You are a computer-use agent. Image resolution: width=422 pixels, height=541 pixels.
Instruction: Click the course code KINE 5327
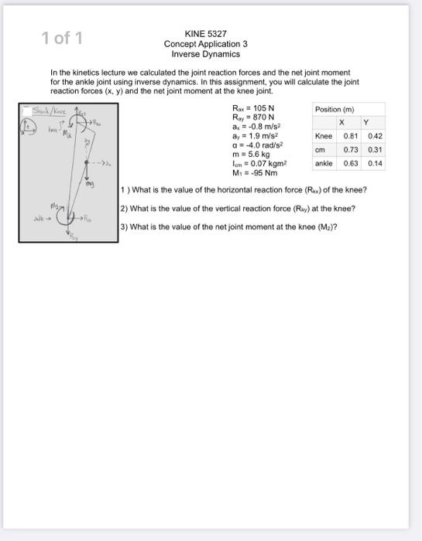(206, 34)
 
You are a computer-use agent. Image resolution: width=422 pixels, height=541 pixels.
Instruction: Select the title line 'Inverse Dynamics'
(206, 54)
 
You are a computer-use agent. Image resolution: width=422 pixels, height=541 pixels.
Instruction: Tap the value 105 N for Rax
(261, 108)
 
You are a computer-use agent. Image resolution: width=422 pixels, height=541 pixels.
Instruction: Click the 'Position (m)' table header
(334, 109)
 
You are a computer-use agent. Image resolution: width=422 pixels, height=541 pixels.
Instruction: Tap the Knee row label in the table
(323, 136)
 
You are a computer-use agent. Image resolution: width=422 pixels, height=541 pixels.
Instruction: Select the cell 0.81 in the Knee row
(350, 136)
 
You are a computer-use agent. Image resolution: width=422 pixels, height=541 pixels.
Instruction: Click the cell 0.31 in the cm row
(375, 150)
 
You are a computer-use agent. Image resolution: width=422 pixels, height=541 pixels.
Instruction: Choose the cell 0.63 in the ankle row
(350, 164)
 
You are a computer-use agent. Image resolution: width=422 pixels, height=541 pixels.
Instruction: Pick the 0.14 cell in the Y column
(375, 164)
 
